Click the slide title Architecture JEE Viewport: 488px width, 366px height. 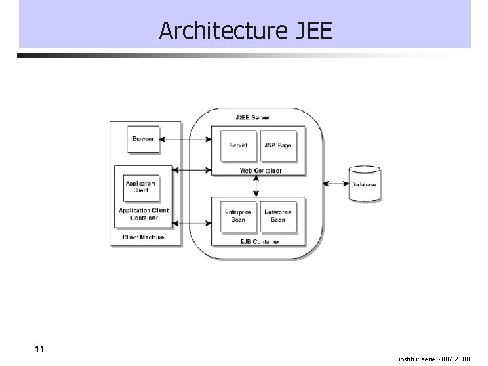(x=245, y=30)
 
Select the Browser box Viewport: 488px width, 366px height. (x=143, y=139)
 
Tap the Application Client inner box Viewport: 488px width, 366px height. (x=140, y=186)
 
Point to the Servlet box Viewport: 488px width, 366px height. (x=238, y=145)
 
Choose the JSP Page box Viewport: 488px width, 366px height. (x=278, y=145)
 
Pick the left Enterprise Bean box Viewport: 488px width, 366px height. (x=238, y=216)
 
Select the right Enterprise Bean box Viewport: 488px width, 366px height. (x=278, y=216)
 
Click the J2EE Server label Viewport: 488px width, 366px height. (x=252, y=117)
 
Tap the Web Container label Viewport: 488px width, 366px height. (x=260, y=171)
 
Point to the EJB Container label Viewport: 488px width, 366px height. (x=260, y=241)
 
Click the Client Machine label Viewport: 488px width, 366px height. (x=143, y=237)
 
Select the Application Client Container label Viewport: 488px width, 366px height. (x=144, y=214)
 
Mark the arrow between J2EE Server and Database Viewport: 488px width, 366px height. (x=335, y=183)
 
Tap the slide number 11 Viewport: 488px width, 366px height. (x=39, y=350)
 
